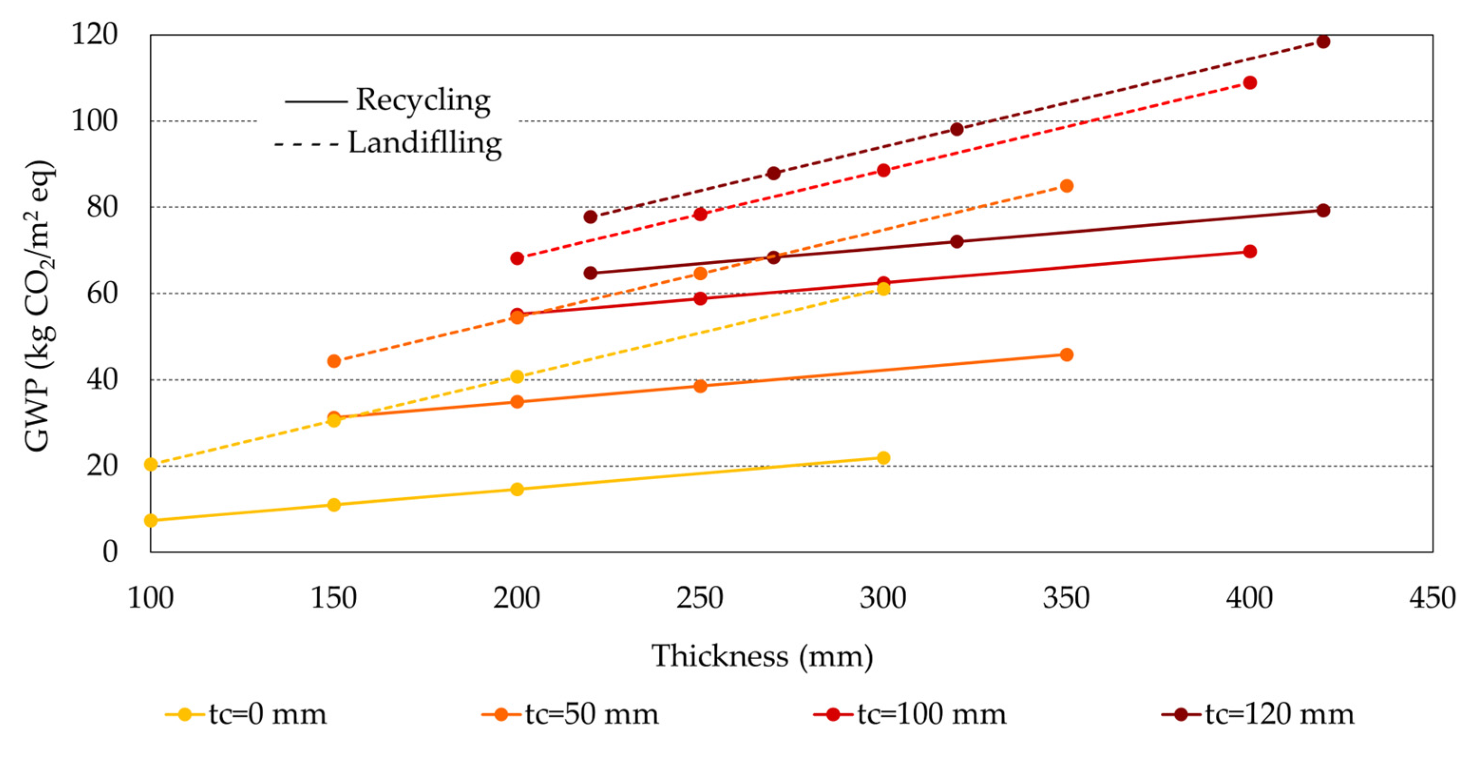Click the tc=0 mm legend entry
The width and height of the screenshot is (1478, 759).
point(246,715)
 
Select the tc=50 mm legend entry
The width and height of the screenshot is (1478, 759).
point(571,715)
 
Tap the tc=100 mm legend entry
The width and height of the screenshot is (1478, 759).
point(910,715)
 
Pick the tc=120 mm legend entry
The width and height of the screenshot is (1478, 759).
point(1258,715)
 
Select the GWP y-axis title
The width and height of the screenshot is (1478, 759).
point(38,306)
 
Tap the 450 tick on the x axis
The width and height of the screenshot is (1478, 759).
point(1432,598)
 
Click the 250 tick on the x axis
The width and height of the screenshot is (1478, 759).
point(700,598)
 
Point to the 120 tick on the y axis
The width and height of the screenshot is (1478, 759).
point(94,34)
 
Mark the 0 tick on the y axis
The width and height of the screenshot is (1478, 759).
point(110,552)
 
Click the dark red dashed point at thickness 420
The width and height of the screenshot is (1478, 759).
point(1323,41)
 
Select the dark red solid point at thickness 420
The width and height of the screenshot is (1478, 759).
point(1323,210)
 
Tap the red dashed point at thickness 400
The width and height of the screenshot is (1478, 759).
point(1250,83)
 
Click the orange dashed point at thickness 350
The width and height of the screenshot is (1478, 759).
point(1067,186)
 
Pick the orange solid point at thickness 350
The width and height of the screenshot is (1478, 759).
point(1067,354)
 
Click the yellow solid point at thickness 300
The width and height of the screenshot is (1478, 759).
point(883,458)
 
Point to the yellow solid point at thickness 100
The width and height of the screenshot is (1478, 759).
point(151,521)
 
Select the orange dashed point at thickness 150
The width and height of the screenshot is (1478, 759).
point(334,361)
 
